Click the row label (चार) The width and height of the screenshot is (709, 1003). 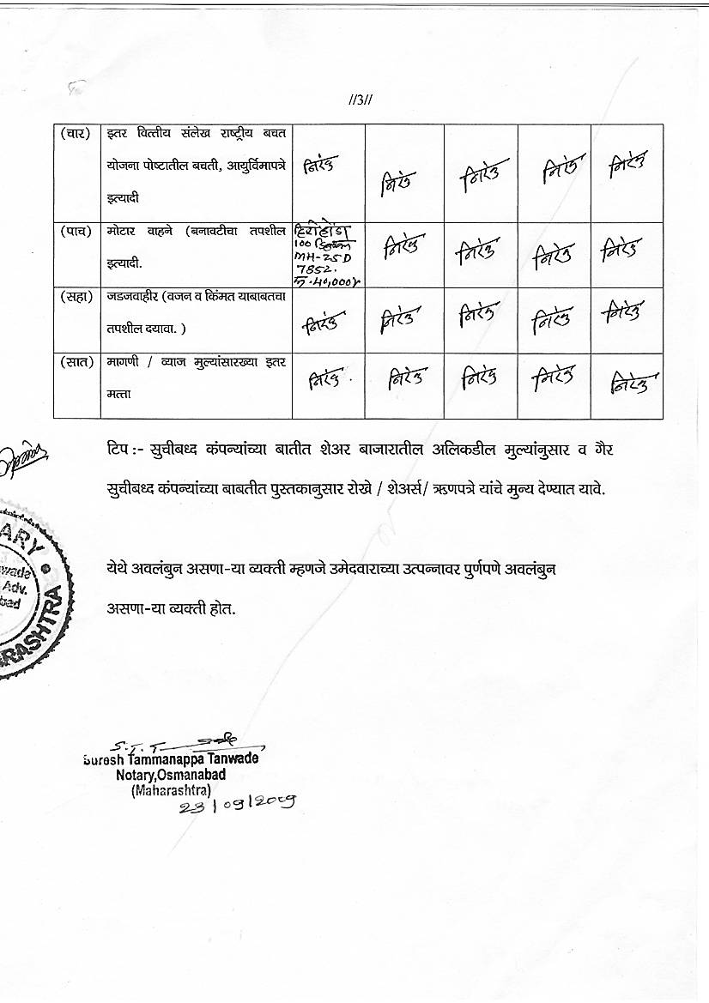(76, 134)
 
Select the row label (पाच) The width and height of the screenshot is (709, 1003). (76, 231)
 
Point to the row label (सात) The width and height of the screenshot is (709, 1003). (76, 362)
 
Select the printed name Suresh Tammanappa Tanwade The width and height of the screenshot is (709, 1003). (171, 758)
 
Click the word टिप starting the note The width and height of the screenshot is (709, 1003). (118, 449)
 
